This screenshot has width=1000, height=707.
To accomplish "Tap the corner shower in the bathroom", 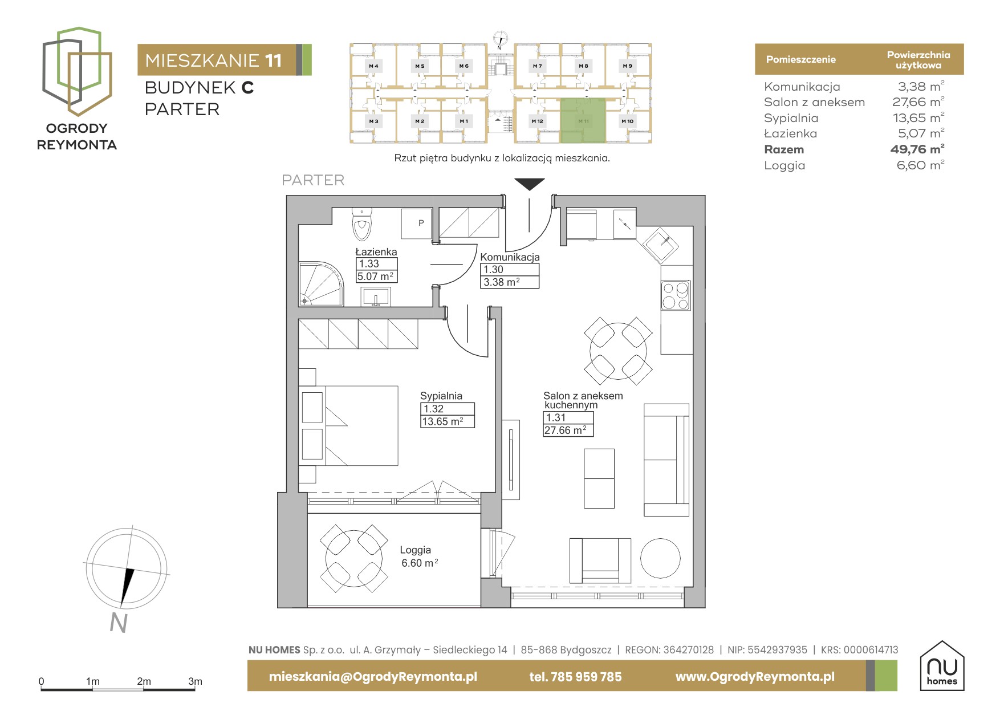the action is [321, 284].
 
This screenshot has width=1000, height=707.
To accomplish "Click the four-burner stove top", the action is [676, 295].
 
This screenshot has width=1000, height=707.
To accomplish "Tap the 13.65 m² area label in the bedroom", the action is [442, 422].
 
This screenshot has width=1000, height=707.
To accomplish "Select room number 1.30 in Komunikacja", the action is [494, 270].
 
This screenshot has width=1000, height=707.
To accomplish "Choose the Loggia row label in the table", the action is [784, 166].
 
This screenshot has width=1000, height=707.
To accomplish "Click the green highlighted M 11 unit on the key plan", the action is [583, 120].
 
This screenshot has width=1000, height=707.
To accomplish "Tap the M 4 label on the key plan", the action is [373, 66].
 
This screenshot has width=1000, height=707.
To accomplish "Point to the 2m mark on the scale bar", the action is [144, 681].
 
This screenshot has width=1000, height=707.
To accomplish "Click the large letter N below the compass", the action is [119, 623].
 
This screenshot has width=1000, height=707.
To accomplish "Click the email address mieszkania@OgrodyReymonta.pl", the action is [373, 677].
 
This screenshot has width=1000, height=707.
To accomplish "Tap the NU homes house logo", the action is [942, 666].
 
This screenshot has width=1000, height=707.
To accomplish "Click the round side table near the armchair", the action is [660, 558].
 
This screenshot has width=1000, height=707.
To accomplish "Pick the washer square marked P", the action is [417, 224].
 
